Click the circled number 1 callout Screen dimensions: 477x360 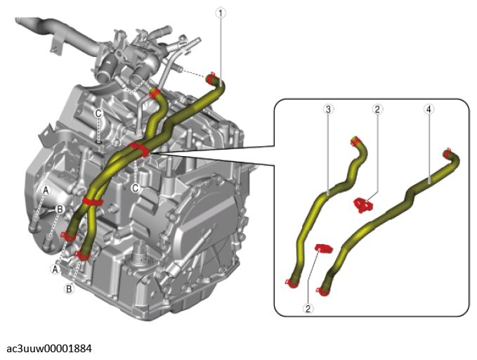pyautogui.click(x=221, y=13)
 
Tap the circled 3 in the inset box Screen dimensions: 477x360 pyautogui.click(x=328, y=109)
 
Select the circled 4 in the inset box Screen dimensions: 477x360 pyautogui.click(x=429, y=109)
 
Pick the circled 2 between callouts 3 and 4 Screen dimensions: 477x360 pyautogui.click(x=377, y=109)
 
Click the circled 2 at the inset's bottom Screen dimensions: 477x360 pyautogui.click(x=308, y=309)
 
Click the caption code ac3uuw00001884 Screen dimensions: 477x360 pyautogui.click(x=49, y=349)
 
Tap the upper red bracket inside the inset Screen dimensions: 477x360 pyautogui.click(x=363, y=205)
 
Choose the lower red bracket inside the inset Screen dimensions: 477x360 pyautogui.click(x=324, y=248)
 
